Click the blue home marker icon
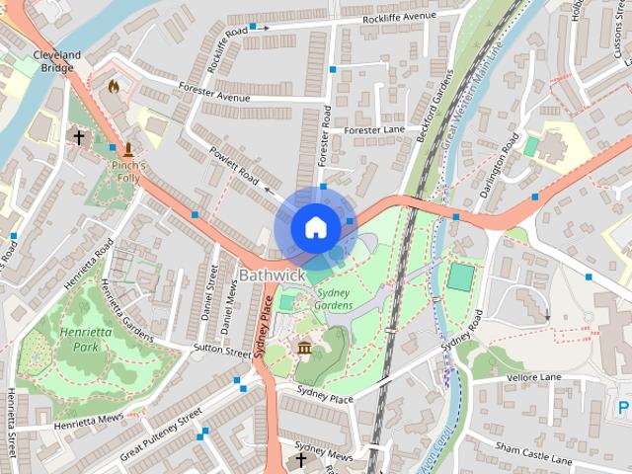tap(315, 227)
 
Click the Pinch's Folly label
tap(128, 171)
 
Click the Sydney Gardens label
tap(334, 299)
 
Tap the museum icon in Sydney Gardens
tap(304, 348)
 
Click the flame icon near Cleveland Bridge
tap(114, 87)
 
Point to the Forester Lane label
tap(375, 130)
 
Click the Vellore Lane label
tap(533, 377)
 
